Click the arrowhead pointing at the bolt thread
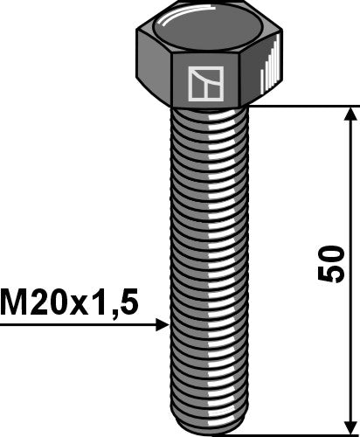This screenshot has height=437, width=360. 162,326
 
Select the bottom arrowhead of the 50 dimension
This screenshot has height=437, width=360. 351,423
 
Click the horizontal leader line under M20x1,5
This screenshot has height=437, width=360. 79,326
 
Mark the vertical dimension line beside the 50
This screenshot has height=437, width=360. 351,192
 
